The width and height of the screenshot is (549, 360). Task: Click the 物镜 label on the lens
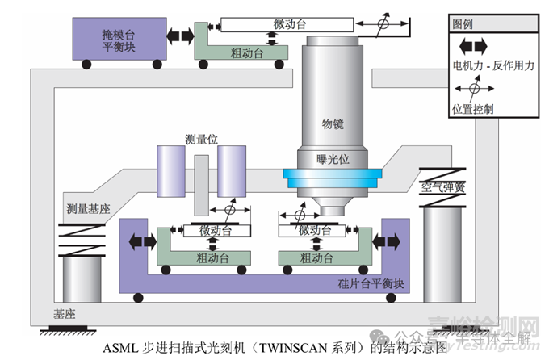[333, 124]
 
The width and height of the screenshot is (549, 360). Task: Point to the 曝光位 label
[332, 159]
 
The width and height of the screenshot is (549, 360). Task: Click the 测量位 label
[201, 139]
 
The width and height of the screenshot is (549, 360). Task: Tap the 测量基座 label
[89, 208]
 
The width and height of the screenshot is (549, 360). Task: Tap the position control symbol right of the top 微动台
[383, 24]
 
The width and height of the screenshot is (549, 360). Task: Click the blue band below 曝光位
[332, 175]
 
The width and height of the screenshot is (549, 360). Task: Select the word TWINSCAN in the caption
[293, 349]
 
